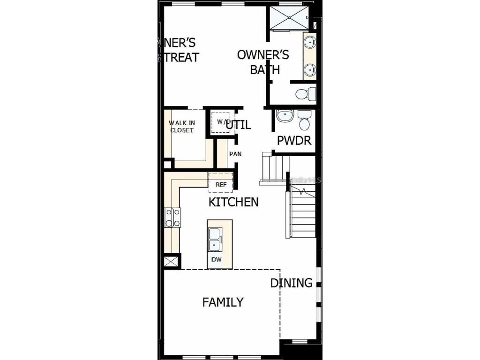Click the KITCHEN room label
[x=233, y=202]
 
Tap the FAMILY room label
[x=223, y=302]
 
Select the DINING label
[x=291, y=283]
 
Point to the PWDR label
[x=294, y=140]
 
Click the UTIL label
[x=239, y=125]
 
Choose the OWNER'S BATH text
[x=263, y=62]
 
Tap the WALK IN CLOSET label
[x=182, y=127]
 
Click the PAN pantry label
[x=235, y=154]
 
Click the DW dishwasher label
[x=216, y=259]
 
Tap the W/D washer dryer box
[x=220, y=122]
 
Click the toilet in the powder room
[x=304, y=121]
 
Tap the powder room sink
[x=285, y=116]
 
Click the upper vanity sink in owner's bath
[x=309, y=43]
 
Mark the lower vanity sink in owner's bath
[x=309, y=70]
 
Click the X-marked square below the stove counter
[x=172, y=261]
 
